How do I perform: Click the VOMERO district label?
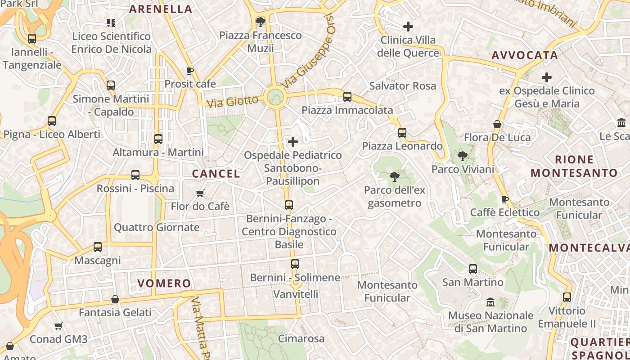tap(164, 283)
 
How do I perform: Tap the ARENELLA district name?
tap(161, 9)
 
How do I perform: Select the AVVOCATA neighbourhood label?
tap(525, 55)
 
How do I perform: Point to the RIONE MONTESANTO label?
tap(574, 166)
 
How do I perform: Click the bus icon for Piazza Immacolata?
tap(347, 97)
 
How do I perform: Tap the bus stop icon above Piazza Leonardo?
tap(402, 133)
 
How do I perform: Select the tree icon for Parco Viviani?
tap(462, 157)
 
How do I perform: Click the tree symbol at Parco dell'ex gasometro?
tap(395, 177)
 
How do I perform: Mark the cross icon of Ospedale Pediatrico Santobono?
tap(292, 142)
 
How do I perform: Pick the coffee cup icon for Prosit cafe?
tap(190, 71)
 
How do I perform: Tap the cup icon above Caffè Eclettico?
tap(505, 199)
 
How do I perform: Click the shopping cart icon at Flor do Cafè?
tap(200, 193)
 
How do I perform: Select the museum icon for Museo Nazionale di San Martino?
tap(490, 302)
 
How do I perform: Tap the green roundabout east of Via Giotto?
tap(274, 97)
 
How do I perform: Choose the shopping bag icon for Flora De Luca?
tap(497, 124)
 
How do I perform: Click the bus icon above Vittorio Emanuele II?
tap(567, 297)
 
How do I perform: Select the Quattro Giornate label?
tap(156, 227)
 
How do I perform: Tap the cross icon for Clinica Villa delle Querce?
tap(408, 27)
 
